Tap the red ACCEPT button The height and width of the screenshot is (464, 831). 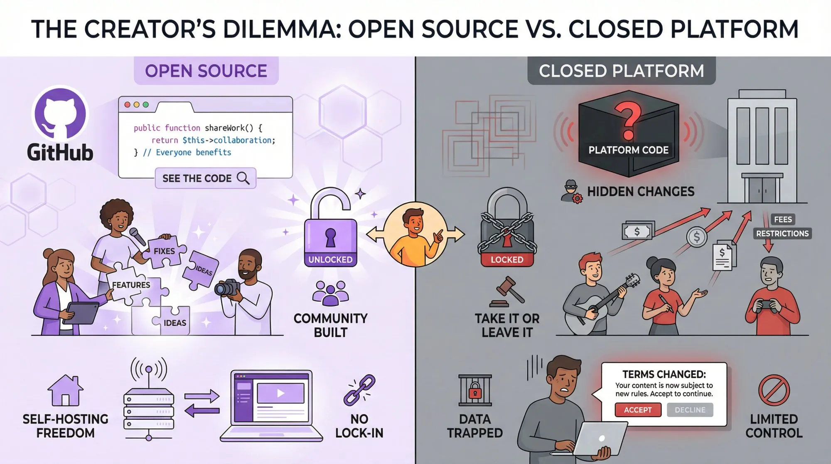tap(638, 410)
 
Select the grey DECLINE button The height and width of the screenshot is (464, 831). tap(690, 410)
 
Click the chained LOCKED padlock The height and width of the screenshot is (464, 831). tap(507, 233)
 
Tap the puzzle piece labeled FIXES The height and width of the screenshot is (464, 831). tap(164, 250)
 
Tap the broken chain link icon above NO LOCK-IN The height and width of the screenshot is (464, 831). tap(359, 390)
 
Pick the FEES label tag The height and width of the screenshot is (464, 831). tap(783, 220)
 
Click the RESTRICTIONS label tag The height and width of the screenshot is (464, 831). tap(782, 234)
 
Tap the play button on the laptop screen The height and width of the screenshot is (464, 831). tap(281, 393)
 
